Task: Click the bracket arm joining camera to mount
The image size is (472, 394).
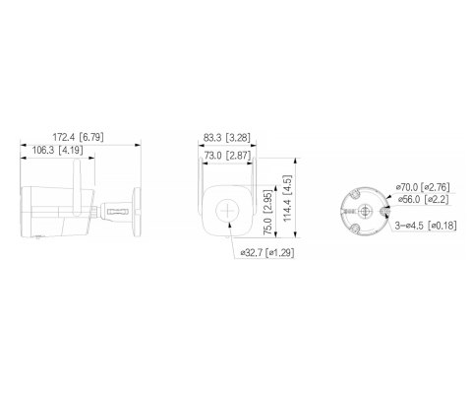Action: pos(116,209)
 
